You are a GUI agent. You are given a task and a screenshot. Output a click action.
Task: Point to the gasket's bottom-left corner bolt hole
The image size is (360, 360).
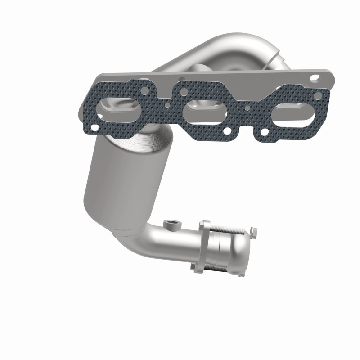click(94, 128)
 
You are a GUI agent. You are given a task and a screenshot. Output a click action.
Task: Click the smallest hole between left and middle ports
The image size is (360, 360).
click(167, 107)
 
